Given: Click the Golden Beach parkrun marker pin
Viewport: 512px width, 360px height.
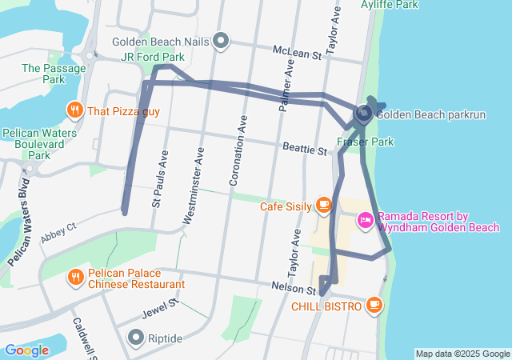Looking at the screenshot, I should coord(363,114).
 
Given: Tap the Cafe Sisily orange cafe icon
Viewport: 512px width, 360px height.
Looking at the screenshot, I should coord(324,206).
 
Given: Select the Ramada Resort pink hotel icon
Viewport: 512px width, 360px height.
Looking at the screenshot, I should coord(365,218).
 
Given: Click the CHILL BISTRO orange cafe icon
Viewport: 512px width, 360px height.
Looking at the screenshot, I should coord(374,305).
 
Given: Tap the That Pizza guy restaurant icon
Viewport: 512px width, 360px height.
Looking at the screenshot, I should coord(74,110).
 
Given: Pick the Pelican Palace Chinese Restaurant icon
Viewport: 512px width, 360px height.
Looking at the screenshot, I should coord(75,277).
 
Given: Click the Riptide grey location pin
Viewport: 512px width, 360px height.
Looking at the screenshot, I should coord(135,338).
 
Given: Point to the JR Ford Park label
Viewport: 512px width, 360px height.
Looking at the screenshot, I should coord(152,57).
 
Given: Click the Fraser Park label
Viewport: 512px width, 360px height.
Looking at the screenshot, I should coord(365,142).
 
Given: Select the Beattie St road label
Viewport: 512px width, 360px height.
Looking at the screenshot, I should coord(305,149).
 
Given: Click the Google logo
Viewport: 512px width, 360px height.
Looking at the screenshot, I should coord(26,350).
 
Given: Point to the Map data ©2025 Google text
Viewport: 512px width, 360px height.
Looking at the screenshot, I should coord(462,354).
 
